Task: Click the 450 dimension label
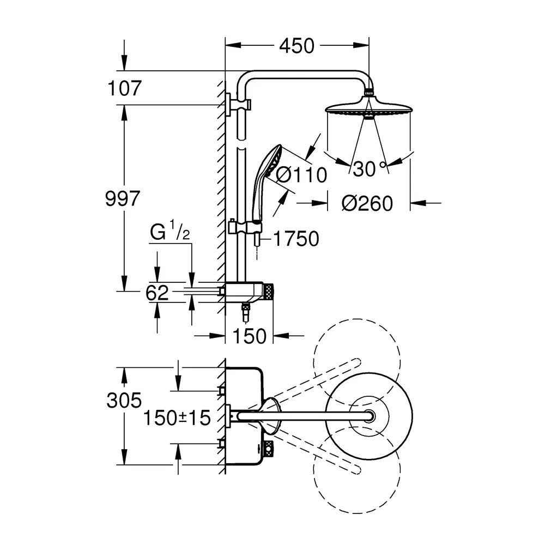(x=297, y=46)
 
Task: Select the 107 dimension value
(x=125, y=88)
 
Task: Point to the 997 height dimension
(x=122, y=198)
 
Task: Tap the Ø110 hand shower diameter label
(x=301, y=175)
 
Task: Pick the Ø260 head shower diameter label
(x=367, y=203)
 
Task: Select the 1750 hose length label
(x=296, y=239)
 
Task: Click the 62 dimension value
(x=157, y=293)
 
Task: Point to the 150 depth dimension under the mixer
(x=249, y=336)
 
